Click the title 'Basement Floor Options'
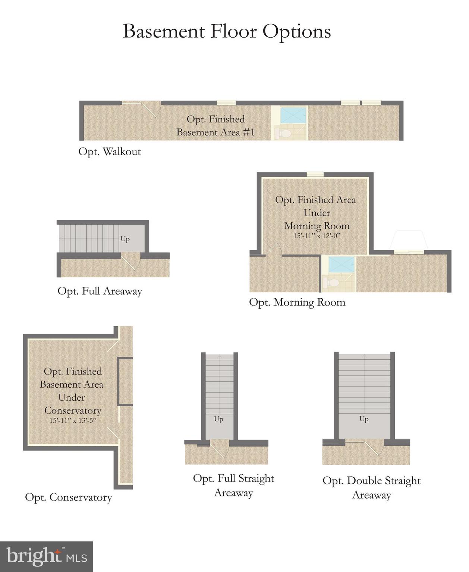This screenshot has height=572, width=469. (x=227, y=31)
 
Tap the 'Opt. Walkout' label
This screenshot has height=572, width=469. (x=110, y=152)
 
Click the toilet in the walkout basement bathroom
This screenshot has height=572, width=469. (x=285, y=133)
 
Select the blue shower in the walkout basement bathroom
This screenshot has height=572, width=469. (x=293, y=115)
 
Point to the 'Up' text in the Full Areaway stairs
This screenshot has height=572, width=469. (x=125, y=239)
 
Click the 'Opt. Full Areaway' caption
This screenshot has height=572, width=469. (x=100, y=291)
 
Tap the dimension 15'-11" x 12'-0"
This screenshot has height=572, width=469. (x=317, y=236)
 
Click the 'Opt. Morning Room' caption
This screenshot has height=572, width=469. (x=297, y=302)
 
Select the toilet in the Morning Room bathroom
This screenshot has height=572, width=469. (x=333, y=283)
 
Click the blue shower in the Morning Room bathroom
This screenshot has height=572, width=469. (x=341, y=265)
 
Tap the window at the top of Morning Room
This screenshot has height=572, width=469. (x=315, y=174)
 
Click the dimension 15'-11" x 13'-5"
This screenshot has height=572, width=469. (x=72, y=420)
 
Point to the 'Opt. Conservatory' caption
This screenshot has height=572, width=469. (x=69, y=498)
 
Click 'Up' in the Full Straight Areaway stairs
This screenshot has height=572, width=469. (x=219, y=419)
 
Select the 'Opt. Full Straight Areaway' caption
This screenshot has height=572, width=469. (x=233, y=486)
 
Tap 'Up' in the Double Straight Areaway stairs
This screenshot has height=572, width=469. (x=364, y=419)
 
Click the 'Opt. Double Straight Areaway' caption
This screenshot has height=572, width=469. (x=371, y=488)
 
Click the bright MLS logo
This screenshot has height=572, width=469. (x=46, y=557)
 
